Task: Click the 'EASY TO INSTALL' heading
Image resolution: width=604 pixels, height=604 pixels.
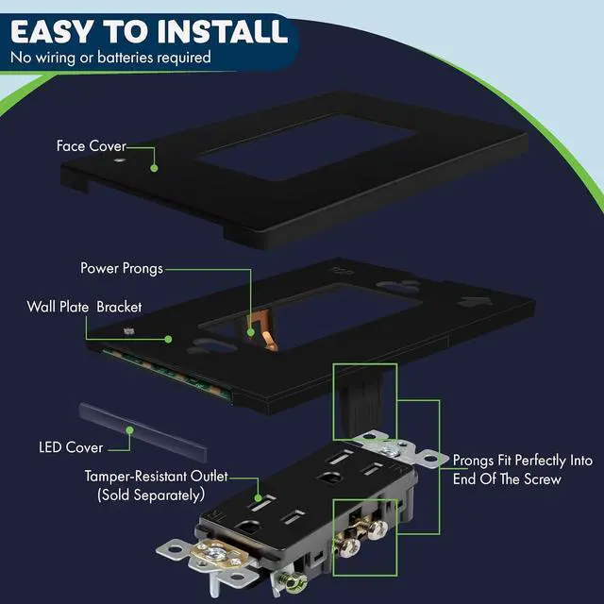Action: point(149,31)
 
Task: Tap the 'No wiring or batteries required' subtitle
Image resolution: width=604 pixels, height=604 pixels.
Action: point(110,58)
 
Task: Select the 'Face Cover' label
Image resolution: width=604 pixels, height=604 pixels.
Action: point(92,145)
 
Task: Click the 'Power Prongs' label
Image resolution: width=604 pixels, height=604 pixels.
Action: point(122,268)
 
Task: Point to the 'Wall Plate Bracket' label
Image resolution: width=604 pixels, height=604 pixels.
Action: point(84,307)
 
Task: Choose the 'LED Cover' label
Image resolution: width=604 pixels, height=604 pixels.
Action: point(71,447)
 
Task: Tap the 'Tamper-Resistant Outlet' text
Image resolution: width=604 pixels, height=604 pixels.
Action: point(156,476)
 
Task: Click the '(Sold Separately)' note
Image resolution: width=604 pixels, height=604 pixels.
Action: point(151,495)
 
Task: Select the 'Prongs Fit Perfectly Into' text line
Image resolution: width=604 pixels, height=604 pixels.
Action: point(522,461)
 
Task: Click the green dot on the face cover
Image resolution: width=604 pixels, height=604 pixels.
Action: point(154,168)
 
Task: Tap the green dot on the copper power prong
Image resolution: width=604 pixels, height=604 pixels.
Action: point(251,332)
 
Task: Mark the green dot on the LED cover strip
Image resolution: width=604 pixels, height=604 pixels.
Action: point(130,430)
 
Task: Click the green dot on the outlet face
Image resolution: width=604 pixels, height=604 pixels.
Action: point(258,497)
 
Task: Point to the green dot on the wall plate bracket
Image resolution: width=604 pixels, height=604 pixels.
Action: point(168,339)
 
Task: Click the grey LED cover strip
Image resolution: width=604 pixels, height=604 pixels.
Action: point(143,432)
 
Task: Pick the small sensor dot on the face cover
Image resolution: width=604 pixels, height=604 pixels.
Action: point(119,159)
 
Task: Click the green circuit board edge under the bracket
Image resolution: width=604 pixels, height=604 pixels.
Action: point(166,373)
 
